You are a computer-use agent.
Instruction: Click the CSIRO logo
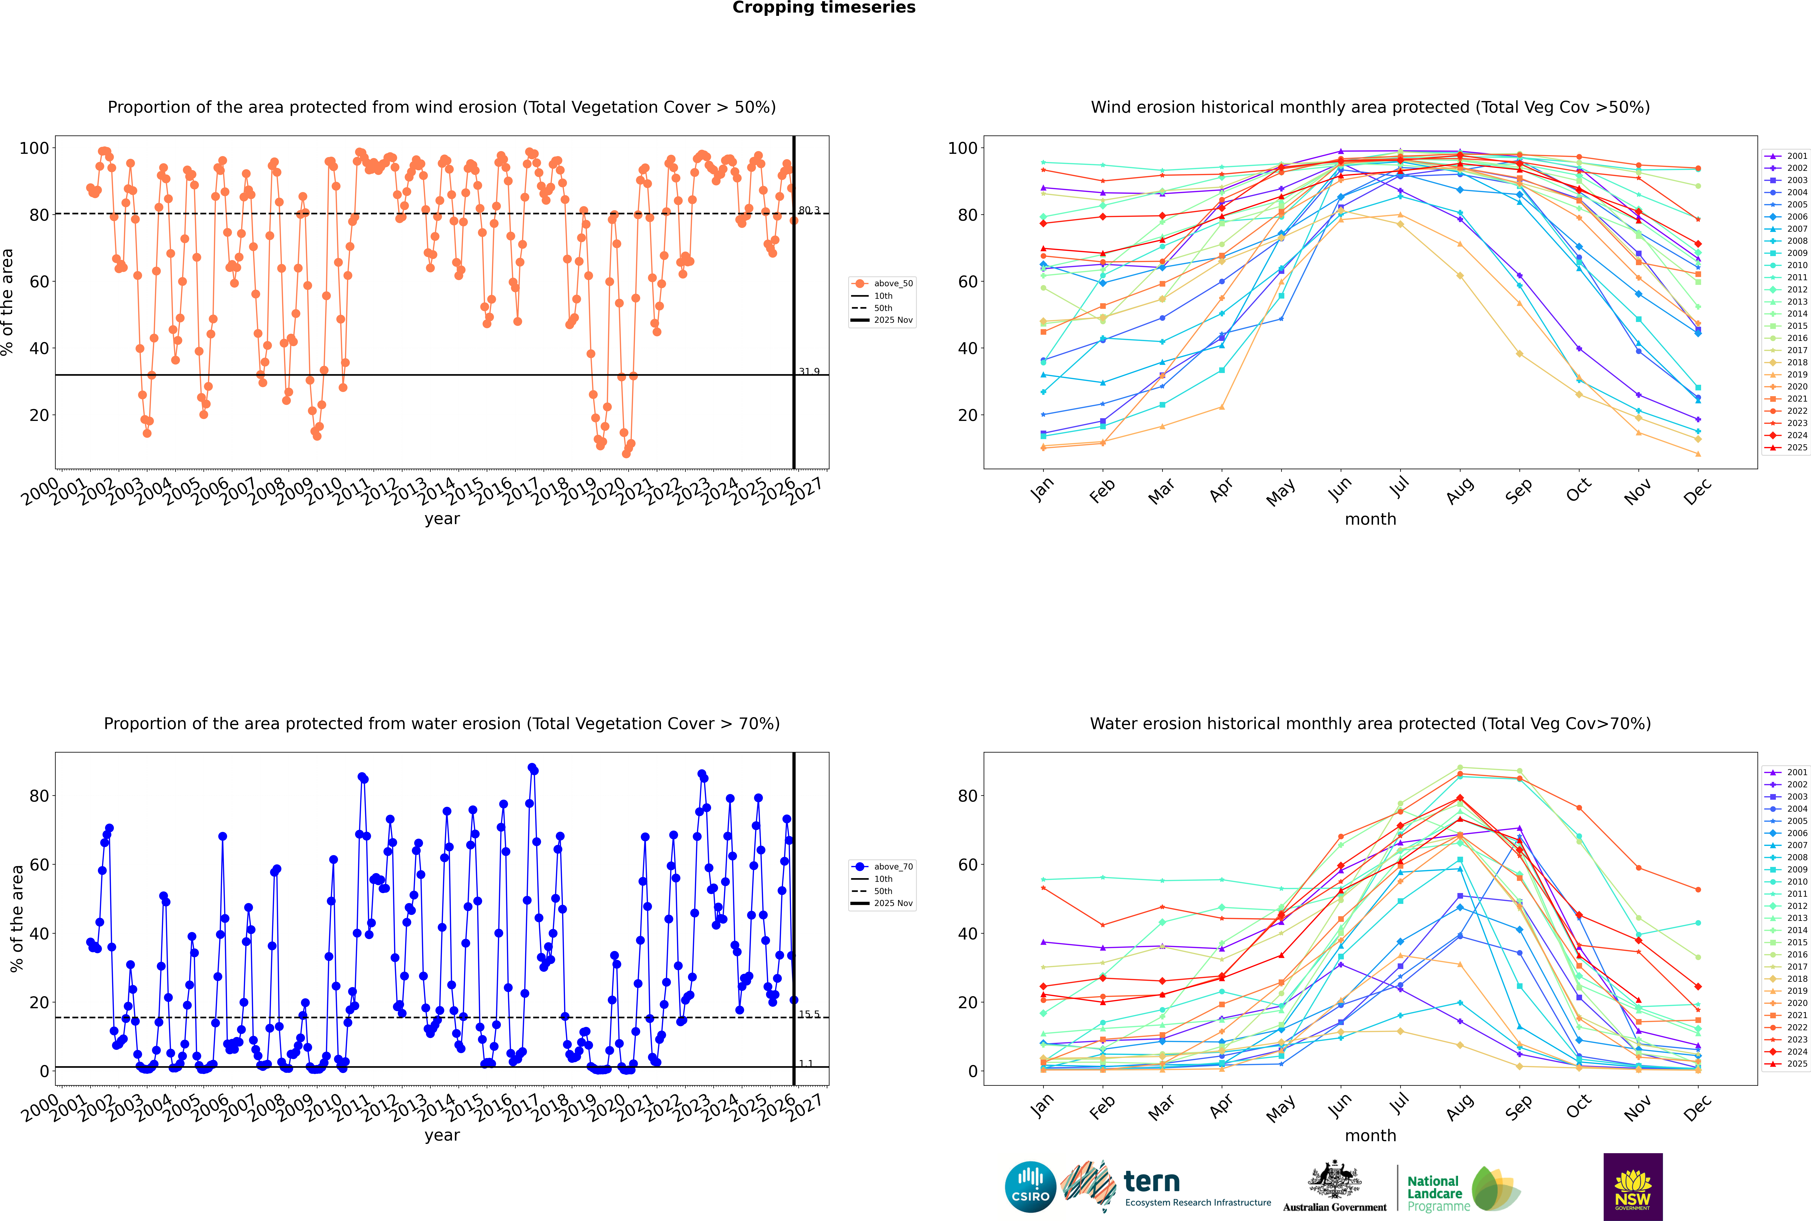point(1030,1187)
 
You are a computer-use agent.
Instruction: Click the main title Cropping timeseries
point(824,8)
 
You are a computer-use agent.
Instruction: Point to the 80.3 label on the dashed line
point(809,210)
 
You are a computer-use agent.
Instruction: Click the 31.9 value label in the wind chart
point(809,371)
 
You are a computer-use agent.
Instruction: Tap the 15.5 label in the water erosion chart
point(809,1014)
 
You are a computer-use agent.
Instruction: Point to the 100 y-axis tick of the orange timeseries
point(34,148)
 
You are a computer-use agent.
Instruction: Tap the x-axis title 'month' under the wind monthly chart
point(1370,519)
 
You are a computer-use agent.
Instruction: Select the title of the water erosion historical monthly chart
point(1370,723)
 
